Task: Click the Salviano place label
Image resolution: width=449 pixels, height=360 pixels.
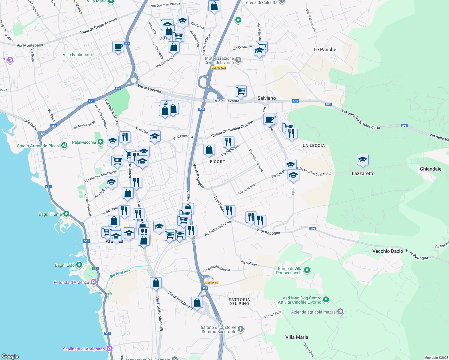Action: tap(267, 98)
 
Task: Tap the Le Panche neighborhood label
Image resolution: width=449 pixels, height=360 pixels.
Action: tap(325, 49)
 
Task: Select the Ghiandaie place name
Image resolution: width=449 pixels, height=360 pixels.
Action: tap(430, 169)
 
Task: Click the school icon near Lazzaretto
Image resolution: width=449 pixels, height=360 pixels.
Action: tap(363, 160)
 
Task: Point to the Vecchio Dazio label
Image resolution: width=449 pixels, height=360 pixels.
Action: tap(387, 251)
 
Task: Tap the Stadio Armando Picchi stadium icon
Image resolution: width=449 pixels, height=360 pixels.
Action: tap(64, 145)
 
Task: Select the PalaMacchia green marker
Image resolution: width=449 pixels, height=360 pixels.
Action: tap(101, 142)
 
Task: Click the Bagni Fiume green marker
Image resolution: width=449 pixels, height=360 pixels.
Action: tap(66, 214)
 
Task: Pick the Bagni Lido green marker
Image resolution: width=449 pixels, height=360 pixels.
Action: tap(79, 265)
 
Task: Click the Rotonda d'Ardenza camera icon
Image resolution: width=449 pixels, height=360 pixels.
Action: tap(94, 282)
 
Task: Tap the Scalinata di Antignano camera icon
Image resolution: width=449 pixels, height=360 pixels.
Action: tap(110, 349)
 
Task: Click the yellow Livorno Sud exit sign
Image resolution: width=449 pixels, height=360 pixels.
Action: tap(218, 68)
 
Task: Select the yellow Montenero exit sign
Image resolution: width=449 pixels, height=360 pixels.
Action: tap(212, 283)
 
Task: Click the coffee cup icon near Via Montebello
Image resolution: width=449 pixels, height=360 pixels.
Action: tap(118, 47)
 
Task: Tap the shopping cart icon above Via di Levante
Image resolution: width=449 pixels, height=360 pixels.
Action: tap(241, 91)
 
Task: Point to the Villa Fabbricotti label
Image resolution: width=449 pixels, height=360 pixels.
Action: tap(77, 55)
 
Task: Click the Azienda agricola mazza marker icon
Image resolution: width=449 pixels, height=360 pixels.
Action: tap(340, 312)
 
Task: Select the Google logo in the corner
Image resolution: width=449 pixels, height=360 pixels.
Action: tap(10, 356)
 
